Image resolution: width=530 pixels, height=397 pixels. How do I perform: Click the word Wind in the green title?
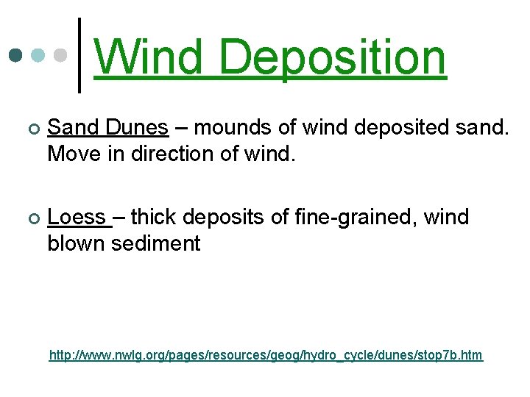click(149, 57)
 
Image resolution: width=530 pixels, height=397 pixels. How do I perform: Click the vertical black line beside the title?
click(79, 55)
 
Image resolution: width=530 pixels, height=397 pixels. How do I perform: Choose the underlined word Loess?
click(77, 218)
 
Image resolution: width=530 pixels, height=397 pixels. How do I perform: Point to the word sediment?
click(155, 243)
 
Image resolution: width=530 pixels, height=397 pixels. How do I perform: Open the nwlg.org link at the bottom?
click(266, 356)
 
